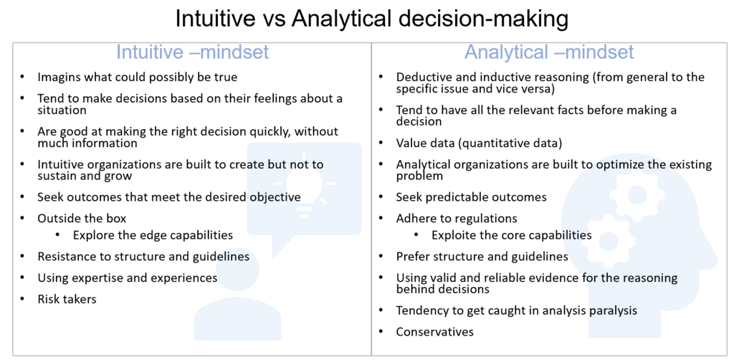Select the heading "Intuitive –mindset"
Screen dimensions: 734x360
tap(192, 52)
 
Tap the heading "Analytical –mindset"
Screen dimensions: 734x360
tap(549, 52)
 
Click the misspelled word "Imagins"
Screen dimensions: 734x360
tap(55, 77)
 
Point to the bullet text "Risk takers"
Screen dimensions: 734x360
tap(67, 299)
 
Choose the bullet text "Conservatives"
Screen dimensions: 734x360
tap(435, 332)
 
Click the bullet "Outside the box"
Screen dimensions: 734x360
tap(82, 218)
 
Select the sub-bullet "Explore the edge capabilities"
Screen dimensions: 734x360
tap(153, 235)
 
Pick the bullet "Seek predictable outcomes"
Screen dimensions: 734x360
tap(472, 197)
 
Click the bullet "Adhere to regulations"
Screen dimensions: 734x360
tap(457, 219)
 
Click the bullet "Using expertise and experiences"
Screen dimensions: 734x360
tap(128, 278)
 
